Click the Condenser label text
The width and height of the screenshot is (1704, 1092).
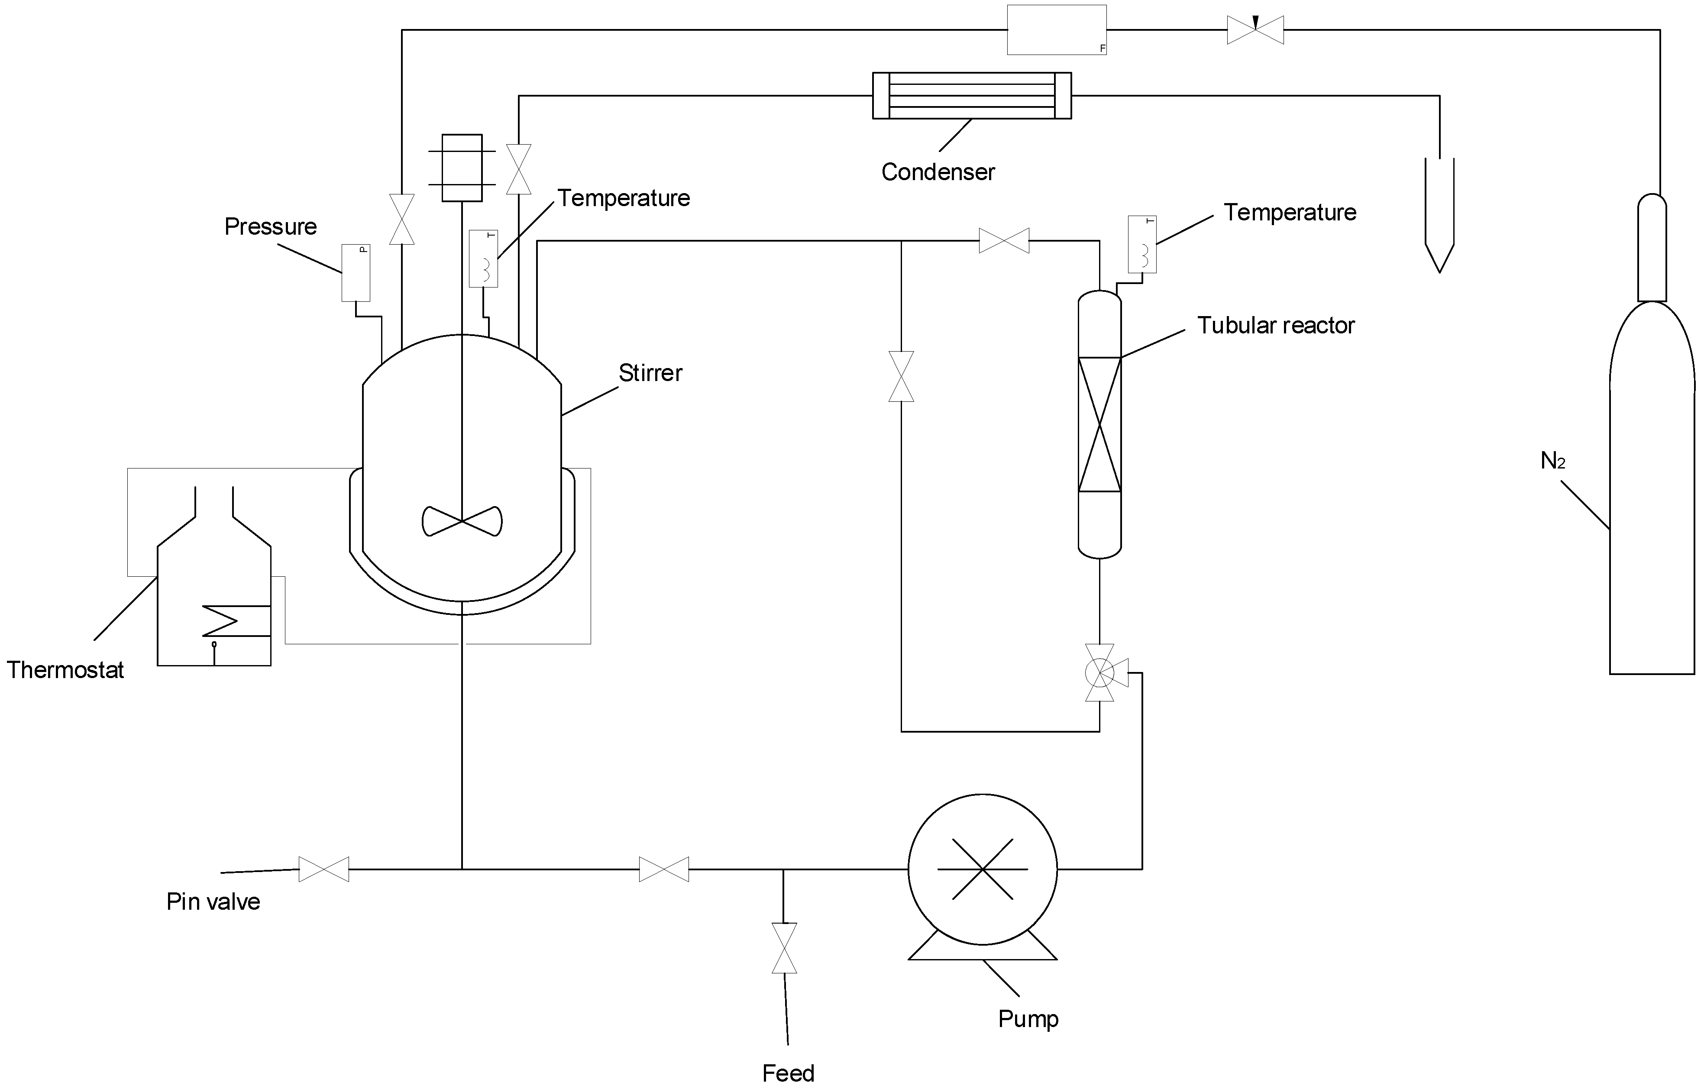(x=938, y=172)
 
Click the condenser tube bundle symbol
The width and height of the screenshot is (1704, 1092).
(x=971, y=96)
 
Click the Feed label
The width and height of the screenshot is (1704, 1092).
(x=788, y=1073)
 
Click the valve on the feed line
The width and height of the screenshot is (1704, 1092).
(x=784, y=948)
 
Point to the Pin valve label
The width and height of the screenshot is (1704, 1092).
(x=213, y=902)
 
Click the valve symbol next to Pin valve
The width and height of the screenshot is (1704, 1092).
(x=324, y=869)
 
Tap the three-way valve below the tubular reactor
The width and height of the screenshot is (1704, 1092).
(x=1100, y=673)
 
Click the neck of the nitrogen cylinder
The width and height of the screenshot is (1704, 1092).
(x=1652, y=248)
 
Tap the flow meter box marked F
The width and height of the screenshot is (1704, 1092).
(x=1057, y=30)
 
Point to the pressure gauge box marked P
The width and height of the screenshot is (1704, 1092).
(x=356, y=273)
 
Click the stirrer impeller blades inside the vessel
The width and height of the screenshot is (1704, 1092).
(x=462, y=521)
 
